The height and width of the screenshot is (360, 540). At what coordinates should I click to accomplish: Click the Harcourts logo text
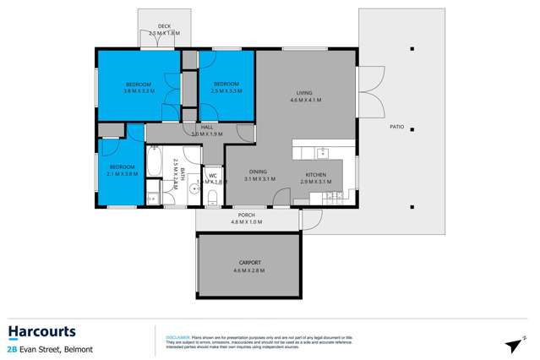[41, 331]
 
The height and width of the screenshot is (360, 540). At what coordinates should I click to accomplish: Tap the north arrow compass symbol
[513, 345]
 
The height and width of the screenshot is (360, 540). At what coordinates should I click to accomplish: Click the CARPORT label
[248, 263]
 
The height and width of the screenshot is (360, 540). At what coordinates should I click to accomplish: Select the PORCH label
[247, 215]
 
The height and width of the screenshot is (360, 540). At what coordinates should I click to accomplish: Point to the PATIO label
[396, 128]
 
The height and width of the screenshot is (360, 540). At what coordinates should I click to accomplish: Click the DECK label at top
[164, 27]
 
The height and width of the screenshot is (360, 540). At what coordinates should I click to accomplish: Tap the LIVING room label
[305, 93]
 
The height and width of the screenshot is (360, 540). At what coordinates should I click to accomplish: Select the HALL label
[206, 127]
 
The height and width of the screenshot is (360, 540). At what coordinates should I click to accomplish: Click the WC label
[213, 176]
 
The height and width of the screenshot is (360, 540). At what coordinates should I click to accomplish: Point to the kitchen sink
[322, 153]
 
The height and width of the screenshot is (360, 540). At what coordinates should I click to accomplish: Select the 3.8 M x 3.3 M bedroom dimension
[138, 91]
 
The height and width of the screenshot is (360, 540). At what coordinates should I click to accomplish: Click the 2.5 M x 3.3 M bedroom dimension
[226, 90]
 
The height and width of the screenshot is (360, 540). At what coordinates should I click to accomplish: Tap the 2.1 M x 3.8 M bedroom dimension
[122, 174]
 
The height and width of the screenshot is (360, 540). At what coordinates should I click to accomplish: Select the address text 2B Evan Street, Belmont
[51, 349]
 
